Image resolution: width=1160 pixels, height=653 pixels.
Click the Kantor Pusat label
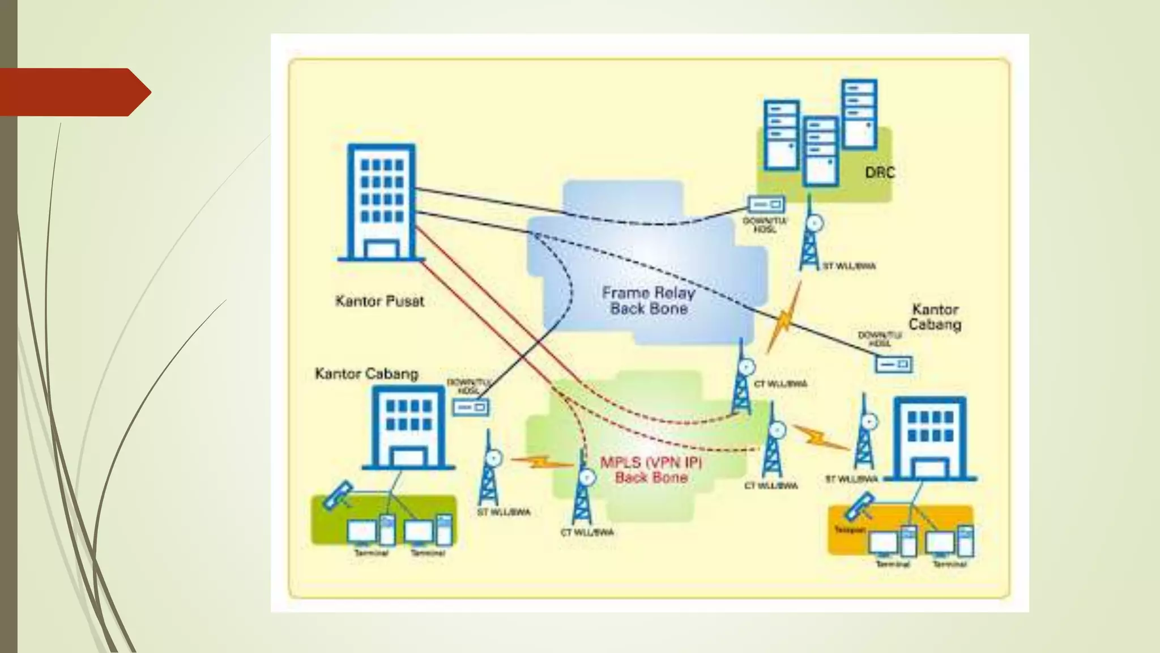(x=379, y=301)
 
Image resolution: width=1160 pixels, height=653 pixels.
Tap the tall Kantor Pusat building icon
(x=381, y=202)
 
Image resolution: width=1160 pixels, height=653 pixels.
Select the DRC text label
(x=880, y=172)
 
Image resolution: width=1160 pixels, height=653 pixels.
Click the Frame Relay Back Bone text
(x=649, y=301)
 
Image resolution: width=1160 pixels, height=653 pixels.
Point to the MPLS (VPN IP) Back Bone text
(x=651, y=470)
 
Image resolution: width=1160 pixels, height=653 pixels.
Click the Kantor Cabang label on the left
(x=366, y=374)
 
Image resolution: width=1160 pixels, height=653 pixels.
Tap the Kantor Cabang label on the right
(x=935, y=317)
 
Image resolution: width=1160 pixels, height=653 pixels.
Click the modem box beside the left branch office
(x=471, y=407)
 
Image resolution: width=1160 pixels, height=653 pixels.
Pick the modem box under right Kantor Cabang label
(x=893, y=364)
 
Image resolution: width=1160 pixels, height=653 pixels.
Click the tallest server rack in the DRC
(x=859, y=114)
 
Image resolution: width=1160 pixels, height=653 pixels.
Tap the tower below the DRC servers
(x=810, y=235)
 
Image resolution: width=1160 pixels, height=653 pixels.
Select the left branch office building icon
(x=408, y=428)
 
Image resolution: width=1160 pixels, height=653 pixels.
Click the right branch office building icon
(x=929, y=438)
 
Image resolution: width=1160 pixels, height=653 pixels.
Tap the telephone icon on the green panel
(x=338, y=495)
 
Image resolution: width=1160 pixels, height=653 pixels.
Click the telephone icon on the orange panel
(x=859, y=507)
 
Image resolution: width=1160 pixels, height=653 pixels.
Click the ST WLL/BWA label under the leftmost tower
(x=504, y=512)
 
